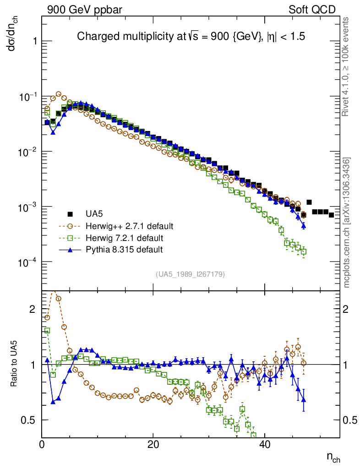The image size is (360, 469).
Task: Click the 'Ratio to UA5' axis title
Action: tap(15, 365)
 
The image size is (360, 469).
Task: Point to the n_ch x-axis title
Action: tap(333, 458)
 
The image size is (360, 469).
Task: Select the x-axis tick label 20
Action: tap(153, 444)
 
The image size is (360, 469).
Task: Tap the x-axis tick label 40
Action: tap(264, 444)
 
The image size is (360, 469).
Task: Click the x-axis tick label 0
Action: tap(42, 444)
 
